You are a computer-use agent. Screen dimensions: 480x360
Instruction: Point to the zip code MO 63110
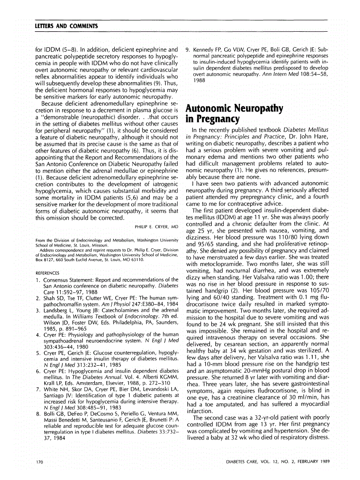click(x=132, y=259)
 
